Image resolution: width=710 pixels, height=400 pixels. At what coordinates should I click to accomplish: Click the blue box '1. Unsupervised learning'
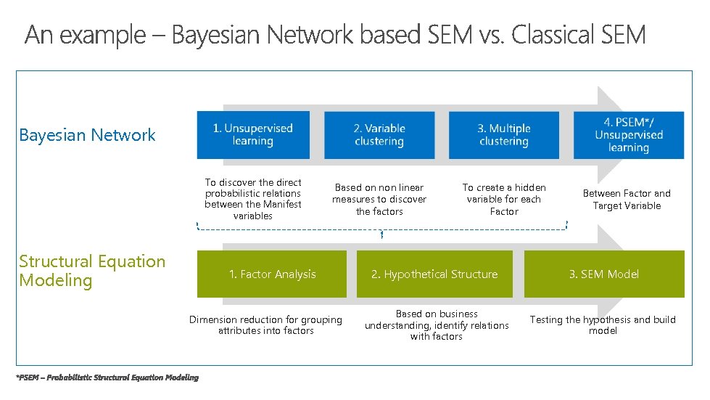click(x=252, y=135)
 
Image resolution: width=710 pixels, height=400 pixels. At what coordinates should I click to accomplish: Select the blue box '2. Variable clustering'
click(x=379, y=135)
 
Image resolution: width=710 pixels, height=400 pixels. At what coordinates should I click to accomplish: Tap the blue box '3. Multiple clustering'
click(x=504, y=135)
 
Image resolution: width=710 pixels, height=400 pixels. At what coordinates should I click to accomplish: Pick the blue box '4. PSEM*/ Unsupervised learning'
click(x=628, y=135)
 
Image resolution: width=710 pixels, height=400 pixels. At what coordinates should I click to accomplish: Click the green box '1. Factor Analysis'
click(x=272, y=274)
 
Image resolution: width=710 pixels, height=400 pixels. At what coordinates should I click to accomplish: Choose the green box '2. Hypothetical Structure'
click(x=434, y=274)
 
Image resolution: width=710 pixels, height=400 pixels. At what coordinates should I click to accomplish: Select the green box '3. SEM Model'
click(x=603, y=274)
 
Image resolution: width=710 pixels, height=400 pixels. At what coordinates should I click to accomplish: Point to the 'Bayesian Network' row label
click(x=87, y=135)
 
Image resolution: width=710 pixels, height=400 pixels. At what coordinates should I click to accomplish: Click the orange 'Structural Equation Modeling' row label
click(x=92, y=271)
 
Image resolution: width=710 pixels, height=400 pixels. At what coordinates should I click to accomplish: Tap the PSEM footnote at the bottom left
click(x=107, y=377)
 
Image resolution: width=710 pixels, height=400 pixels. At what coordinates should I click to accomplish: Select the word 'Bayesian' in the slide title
click(x=215, y=35)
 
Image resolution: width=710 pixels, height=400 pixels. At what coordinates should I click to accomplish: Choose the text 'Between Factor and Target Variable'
click(x=627, y=200)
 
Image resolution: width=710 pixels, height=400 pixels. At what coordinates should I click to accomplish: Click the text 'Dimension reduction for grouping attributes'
click(x=265, y=325)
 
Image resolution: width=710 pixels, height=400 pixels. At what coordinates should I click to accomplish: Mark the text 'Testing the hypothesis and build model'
click(x=603, y=325)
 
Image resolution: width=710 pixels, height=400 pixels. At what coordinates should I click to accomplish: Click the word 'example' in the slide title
click(x=104, y=35)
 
